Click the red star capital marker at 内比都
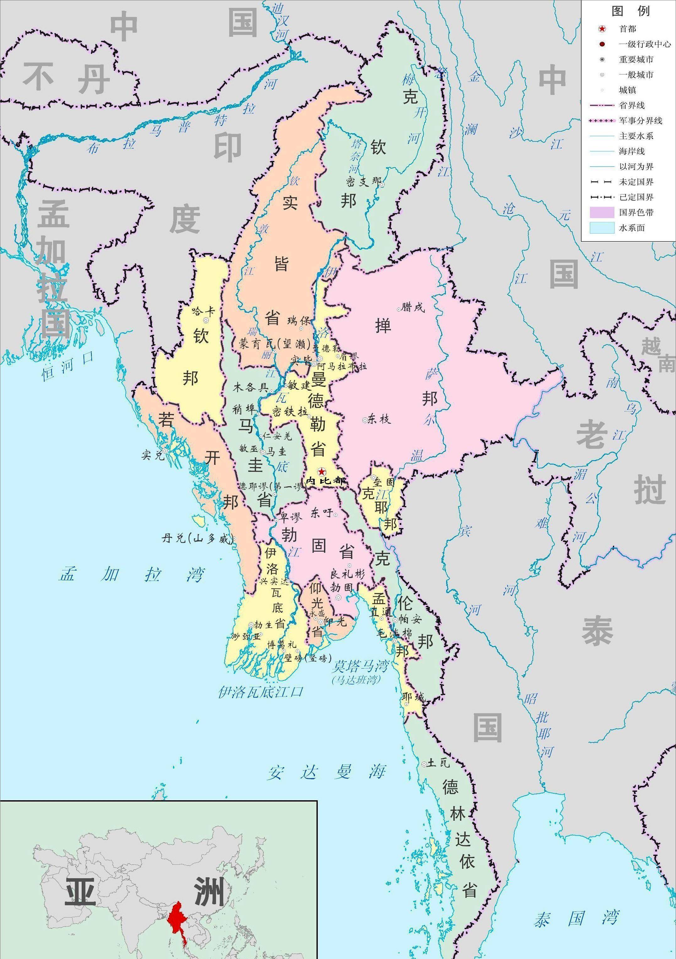coord(321,471)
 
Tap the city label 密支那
coord(364,182)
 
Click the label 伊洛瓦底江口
coord(260,692)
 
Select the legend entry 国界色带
coord(636,212)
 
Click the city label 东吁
coord(321,512)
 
